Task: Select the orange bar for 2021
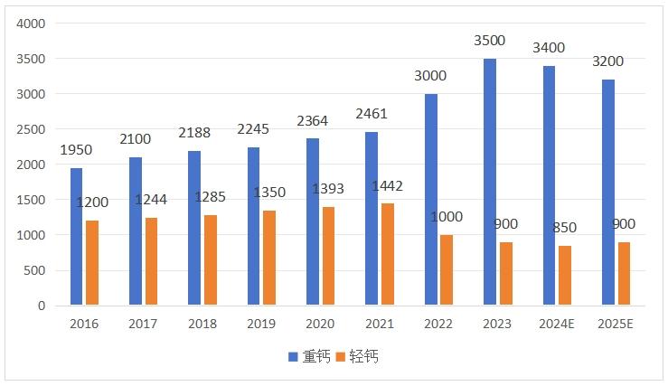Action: (388, 255)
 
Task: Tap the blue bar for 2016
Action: (76, 237)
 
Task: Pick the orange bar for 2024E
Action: (565, 276)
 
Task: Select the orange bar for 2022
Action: (447, 270)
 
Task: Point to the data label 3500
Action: (490, 41)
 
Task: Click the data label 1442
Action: (386, 186)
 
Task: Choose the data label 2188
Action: (194, 133)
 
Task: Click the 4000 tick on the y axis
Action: (32, 24)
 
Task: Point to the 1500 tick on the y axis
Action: (32, 200)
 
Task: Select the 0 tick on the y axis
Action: (42, 306)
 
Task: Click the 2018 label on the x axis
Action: (202, 324)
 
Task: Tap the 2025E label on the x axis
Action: (616, 324)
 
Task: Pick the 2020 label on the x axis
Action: (320, 324)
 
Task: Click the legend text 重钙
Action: (315, 356)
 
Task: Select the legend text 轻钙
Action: (364, 356)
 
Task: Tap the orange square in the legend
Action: (341, 356)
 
